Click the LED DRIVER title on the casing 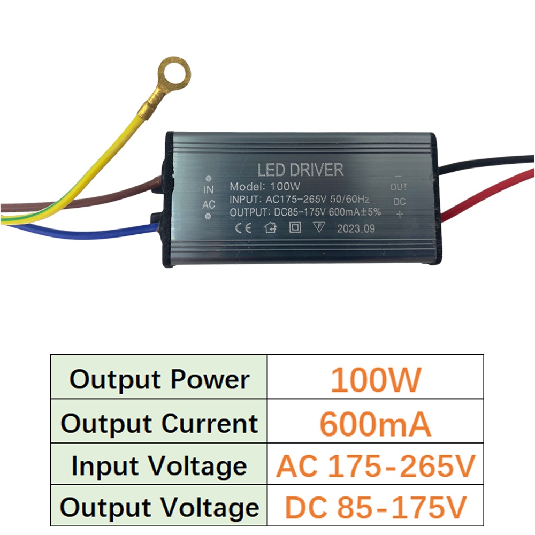point(300,170)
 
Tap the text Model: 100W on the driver point(265,187)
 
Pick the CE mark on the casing point(243,227)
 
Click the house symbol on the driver point(270,227)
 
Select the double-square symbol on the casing point(295,227)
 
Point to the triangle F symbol point(319,227)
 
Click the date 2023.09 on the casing point(356,228)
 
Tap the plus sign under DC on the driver point(400,215)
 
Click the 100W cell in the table point(376,379)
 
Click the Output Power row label point(159,379)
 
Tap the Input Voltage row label point(159,466)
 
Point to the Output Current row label point(159,424)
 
